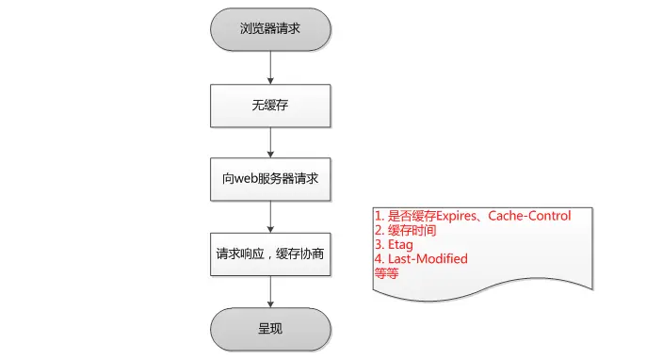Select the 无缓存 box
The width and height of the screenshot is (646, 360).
(270, 105)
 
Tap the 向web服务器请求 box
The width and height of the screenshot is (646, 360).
(270, 179)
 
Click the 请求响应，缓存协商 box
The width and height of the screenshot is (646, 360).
(270, 254)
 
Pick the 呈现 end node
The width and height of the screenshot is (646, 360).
(270, 329)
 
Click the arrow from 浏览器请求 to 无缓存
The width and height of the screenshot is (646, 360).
(270, 67)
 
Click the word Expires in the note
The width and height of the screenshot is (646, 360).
(445, 216)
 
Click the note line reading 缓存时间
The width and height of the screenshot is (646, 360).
(412, 230)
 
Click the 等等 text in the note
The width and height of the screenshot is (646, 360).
(387, 272)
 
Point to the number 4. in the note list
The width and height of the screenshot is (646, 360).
(379, 258)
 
